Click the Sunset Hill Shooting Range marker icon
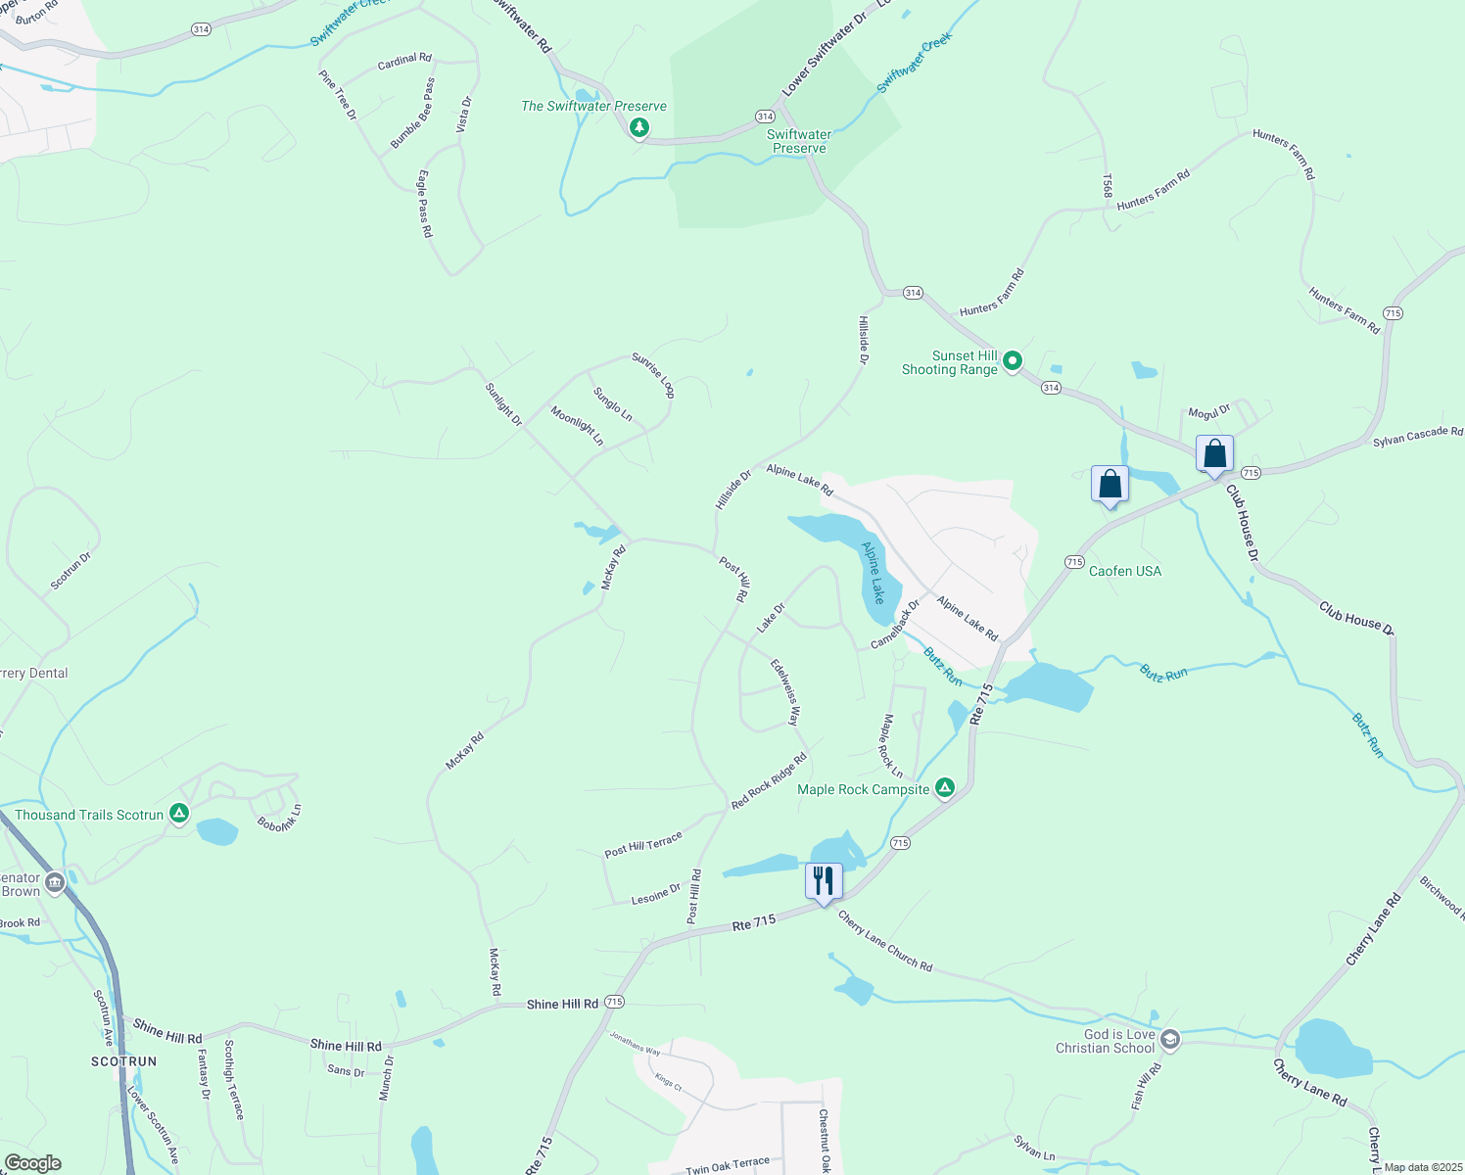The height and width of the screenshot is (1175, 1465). click(1013, 361)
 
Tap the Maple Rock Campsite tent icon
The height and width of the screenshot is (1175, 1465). click(945, 787)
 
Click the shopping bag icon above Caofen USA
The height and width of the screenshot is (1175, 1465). click(1110, 484)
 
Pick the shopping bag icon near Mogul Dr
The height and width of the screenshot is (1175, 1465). click(1214, 454)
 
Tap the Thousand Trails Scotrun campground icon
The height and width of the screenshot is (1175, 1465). click(178, 813)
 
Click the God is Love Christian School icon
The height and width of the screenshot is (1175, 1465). click(1170, 1039)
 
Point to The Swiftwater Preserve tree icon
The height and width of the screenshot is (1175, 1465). click(639, 126)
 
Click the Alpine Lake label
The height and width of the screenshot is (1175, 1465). click(873, 572)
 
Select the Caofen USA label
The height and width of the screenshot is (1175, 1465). click(1125, 571)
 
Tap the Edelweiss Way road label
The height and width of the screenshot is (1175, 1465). click(785, 692)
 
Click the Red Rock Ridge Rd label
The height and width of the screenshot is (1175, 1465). click(769, 780)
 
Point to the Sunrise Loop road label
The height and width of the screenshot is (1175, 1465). click(653, 376)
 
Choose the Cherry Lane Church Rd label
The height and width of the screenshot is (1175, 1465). click(885, 941)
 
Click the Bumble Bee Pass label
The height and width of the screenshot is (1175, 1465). click(412, 115)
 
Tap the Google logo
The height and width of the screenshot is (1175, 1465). click(33, 1162)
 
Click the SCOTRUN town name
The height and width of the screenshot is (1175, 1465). click(124, 1061)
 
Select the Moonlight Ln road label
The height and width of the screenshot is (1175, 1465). click(577, 426)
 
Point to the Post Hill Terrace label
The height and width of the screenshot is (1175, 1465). click(642, 845)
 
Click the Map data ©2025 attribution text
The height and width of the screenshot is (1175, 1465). click(1422, 1167)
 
